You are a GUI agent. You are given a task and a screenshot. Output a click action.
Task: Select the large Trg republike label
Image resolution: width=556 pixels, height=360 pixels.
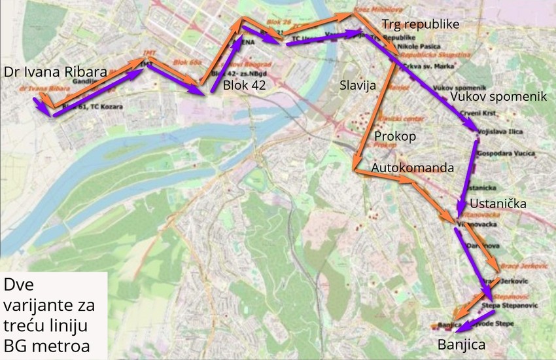(421, 25)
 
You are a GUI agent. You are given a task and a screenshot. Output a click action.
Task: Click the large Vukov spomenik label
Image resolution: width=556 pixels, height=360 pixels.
(498, 96)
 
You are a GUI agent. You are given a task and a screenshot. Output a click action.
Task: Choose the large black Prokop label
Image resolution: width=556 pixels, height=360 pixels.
(394, 135)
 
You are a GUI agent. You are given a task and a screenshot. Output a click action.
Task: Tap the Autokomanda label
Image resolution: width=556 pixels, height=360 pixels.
(412, 168)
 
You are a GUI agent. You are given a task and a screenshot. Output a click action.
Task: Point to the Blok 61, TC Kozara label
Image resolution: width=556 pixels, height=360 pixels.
(87, 105)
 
